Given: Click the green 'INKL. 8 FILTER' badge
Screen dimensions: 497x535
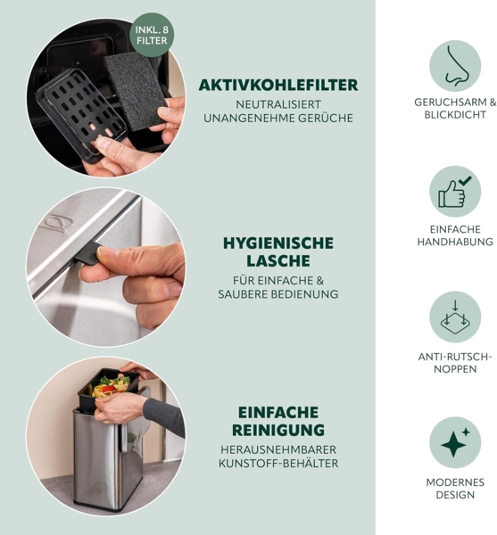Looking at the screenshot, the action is pyautogui.click(x=152, y=35).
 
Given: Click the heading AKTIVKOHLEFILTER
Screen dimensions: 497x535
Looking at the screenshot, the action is pyautogui.click(x=278, y=85).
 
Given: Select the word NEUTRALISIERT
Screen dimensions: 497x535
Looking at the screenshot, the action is pyautogui.click(x=278, y=104).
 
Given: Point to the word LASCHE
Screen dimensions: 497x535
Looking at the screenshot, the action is pyautogui.click(x=278, y=261).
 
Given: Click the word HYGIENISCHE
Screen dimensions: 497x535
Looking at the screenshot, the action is pyautogui.click(x=278, y=243).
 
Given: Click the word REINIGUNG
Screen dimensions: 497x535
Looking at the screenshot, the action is pyautogui.click(x=278, y=430).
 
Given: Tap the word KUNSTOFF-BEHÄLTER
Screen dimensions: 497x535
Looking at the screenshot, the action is pyautogui.click(x=278, y=464).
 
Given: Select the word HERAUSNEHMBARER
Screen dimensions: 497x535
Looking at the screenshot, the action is pyautogui.click(x=278, y=449).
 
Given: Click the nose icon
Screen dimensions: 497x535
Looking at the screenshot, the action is pyautogui.click(x=455, y=66).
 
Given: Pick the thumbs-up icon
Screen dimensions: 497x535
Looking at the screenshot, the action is pyautogui.click(x=455, y=192).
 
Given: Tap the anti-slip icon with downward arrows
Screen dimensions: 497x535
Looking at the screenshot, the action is pyautogui.click(x=455, y=317).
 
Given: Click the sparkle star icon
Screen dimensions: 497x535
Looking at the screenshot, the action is pyautogui.click(x=455, y=442).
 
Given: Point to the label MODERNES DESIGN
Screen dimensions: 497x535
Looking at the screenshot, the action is pyautogui.click(x=455, y=489).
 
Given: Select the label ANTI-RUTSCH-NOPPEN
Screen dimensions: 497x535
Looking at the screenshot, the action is pyautogui.click(x=455, y=363).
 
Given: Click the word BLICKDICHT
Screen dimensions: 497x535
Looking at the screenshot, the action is pyautogui.click(x=455, y=115).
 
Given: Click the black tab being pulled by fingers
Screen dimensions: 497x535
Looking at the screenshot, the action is pyautogui.click(x=87, y=254).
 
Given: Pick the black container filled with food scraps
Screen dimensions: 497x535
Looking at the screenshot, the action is pyautogui.click(x=108, y=390).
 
